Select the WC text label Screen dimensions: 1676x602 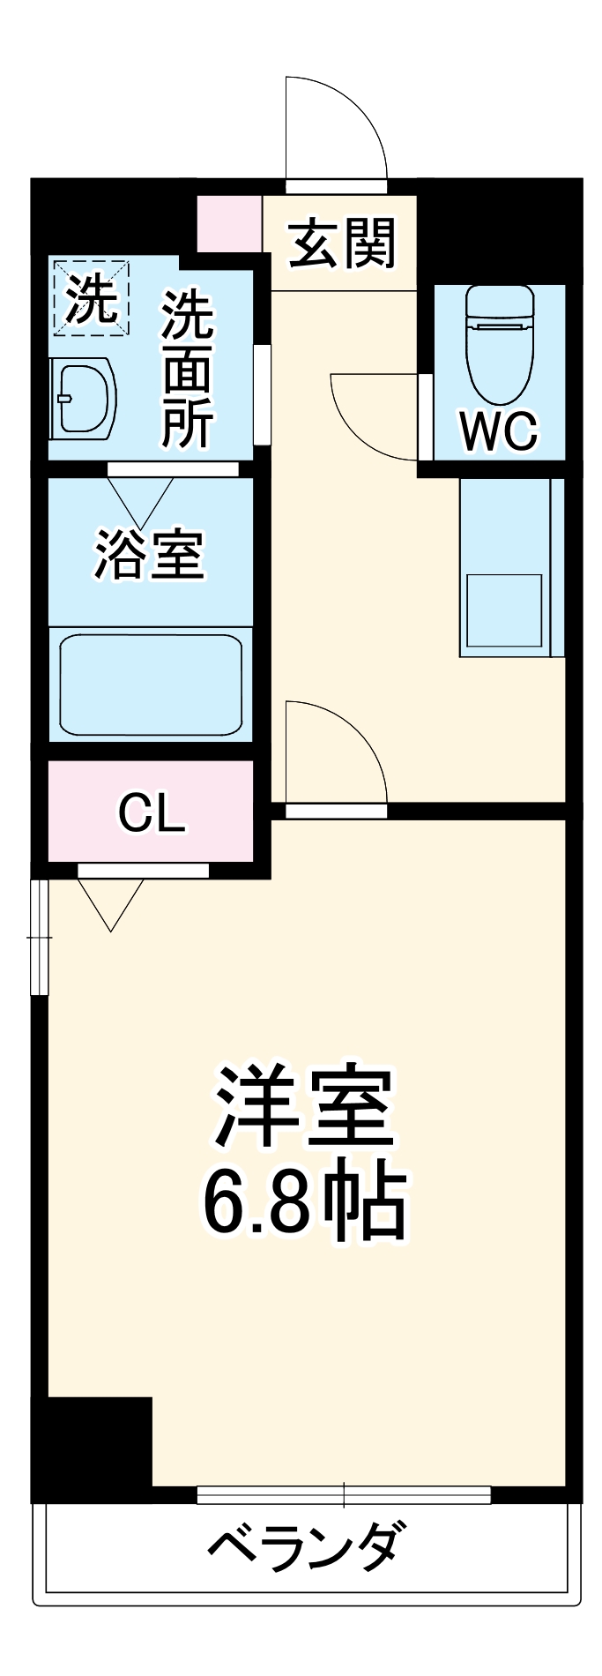(x=498, y=431)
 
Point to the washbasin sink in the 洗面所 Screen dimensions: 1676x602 (x=83, y=398)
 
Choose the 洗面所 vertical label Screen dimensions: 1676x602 (x=187, y=370)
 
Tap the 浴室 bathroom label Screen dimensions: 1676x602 (x=150, y=555)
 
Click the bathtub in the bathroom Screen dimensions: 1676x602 (x=151, y=685)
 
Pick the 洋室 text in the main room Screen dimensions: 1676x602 (x=305, y=1106)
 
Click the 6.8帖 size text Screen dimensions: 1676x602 (x=305, y=1203)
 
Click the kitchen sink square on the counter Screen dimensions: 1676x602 (x=504, y=610)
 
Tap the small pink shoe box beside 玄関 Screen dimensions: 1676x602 (x=229, y=224)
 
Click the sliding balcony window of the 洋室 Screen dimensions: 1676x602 (x=344, y=1494)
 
